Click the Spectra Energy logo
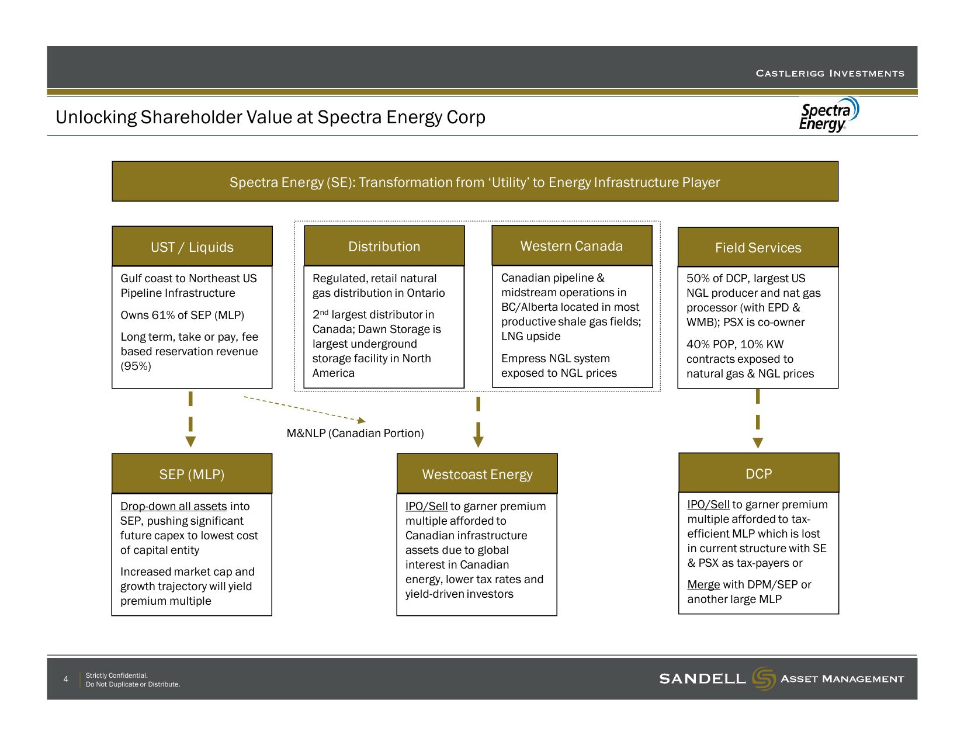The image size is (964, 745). (x=828, y=115)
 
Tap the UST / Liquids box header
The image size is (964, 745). (x=192, y=247)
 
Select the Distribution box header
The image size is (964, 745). (x=384, y=246)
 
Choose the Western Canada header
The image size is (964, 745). (x=571, y=245)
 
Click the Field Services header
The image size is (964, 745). (x=758, y=247)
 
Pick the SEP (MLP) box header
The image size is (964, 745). (x=192, y=474)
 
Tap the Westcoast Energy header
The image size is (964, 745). (x=477, y=474)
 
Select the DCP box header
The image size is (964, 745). (x=758, y=473)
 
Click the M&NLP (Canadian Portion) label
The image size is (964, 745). (x=355, y=433)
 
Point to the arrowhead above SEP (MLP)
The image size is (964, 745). (x=190, y=442)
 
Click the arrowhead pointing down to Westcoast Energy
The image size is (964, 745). (x=478, y=442)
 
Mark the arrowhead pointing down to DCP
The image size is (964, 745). (x=758, y=442)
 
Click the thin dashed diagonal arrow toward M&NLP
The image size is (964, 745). (x=304, y=409)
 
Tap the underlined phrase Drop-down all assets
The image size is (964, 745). (x=174, y=506)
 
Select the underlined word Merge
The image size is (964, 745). (x=703, y=584)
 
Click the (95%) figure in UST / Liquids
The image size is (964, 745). (x=136, y=366)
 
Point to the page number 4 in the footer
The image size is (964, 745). (x=65, y=679)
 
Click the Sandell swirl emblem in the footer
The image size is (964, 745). (x=763, y=678)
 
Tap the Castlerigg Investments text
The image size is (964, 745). (x=830, y=74)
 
